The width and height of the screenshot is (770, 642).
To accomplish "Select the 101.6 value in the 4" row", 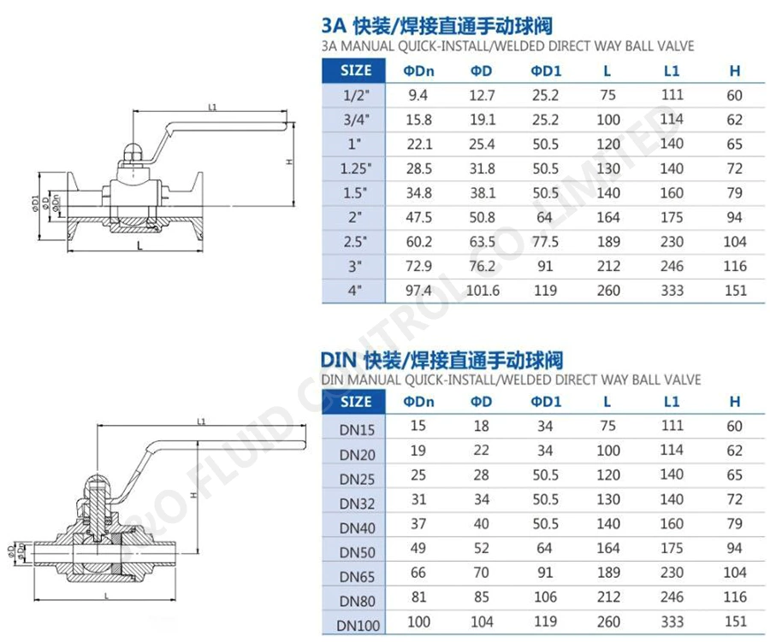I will click(x=483, y=291).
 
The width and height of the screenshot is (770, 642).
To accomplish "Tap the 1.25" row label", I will click(x=353, y=169).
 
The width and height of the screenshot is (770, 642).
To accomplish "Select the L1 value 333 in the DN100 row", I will click(x=672, y=622).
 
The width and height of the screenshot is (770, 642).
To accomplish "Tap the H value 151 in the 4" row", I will click(x=735, y=291).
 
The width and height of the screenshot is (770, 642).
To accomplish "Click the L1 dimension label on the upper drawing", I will click(x=212, y=108).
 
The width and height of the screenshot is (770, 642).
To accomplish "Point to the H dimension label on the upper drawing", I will click(x=290, y=162).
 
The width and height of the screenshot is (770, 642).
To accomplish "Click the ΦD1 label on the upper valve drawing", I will click(x=35, y=203).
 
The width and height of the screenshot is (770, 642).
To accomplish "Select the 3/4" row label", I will click(x=353, y=121).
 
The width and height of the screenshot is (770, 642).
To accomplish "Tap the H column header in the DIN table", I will click(x=735, y=401).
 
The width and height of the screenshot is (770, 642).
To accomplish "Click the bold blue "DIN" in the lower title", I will click(x=340, y=360).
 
